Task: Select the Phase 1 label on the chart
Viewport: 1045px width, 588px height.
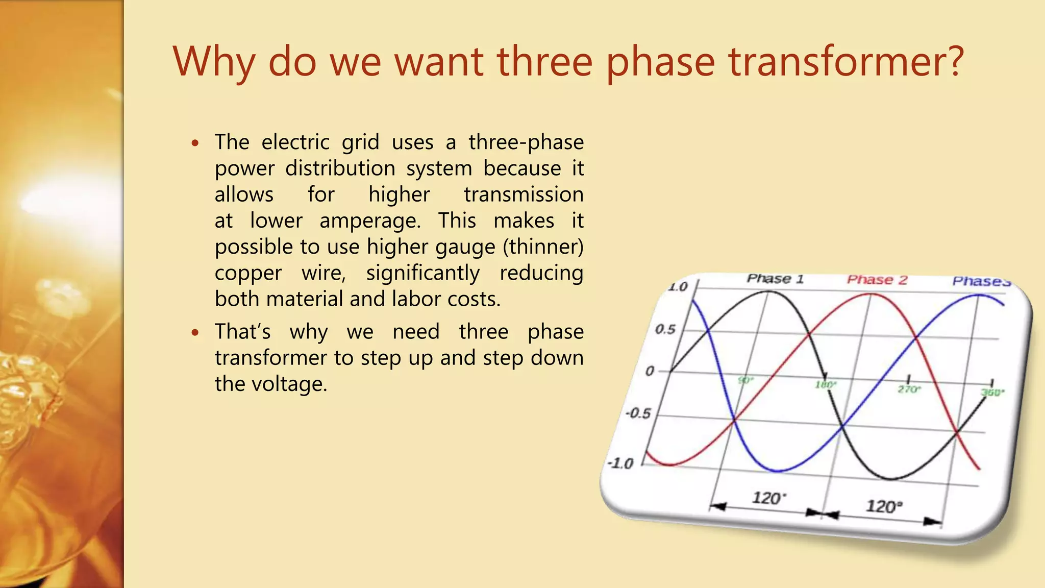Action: pyautogui.click(x=775, y=279)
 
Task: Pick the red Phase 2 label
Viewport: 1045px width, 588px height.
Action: pyautogui.click(x=877, y=280)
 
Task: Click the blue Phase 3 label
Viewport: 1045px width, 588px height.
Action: pyautogui.click(x=981, y=281)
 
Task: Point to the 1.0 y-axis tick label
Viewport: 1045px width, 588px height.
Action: pyautogui.click(x=678, y=287)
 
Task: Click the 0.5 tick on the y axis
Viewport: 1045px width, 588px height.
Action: pyautogui.click(x=665, y=329)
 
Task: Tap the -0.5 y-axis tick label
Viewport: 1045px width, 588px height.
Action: pyautogui.click(x=638, y=413)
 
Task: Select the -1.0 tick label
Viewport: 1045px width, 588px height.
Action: pyautogui.click(x=620, y=463)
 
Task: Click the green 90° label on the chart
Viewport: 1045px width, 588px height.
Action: pyautogui.click(x=745, y=380)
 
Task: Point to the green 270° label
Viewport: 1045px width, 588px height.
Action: pyautogui.click(x=909, y=389)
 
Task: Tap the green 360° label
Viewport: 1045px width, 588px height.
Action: pyautogui.click(x=992, y=393)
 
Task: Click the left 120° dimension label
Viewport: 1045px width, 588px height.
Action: pyautogui.click(x=769, y=498)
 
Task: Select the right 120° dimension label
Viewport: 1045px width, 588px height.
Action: pyautogui.click(x=884, y=506)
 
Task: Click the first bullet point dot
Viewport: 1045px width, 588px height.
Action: pyautogui.click(x=195, y=143)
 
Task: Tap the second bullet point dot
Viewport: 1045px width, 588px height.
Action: pyautogui.click(x=195, y=333)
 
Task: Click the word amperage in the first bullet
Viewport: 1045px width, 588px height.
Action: pyautogui.click(x=370, y=221)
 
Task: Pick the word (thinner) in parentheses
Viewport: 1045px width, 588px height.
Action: pyautogui.click(x=543, y=247)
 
